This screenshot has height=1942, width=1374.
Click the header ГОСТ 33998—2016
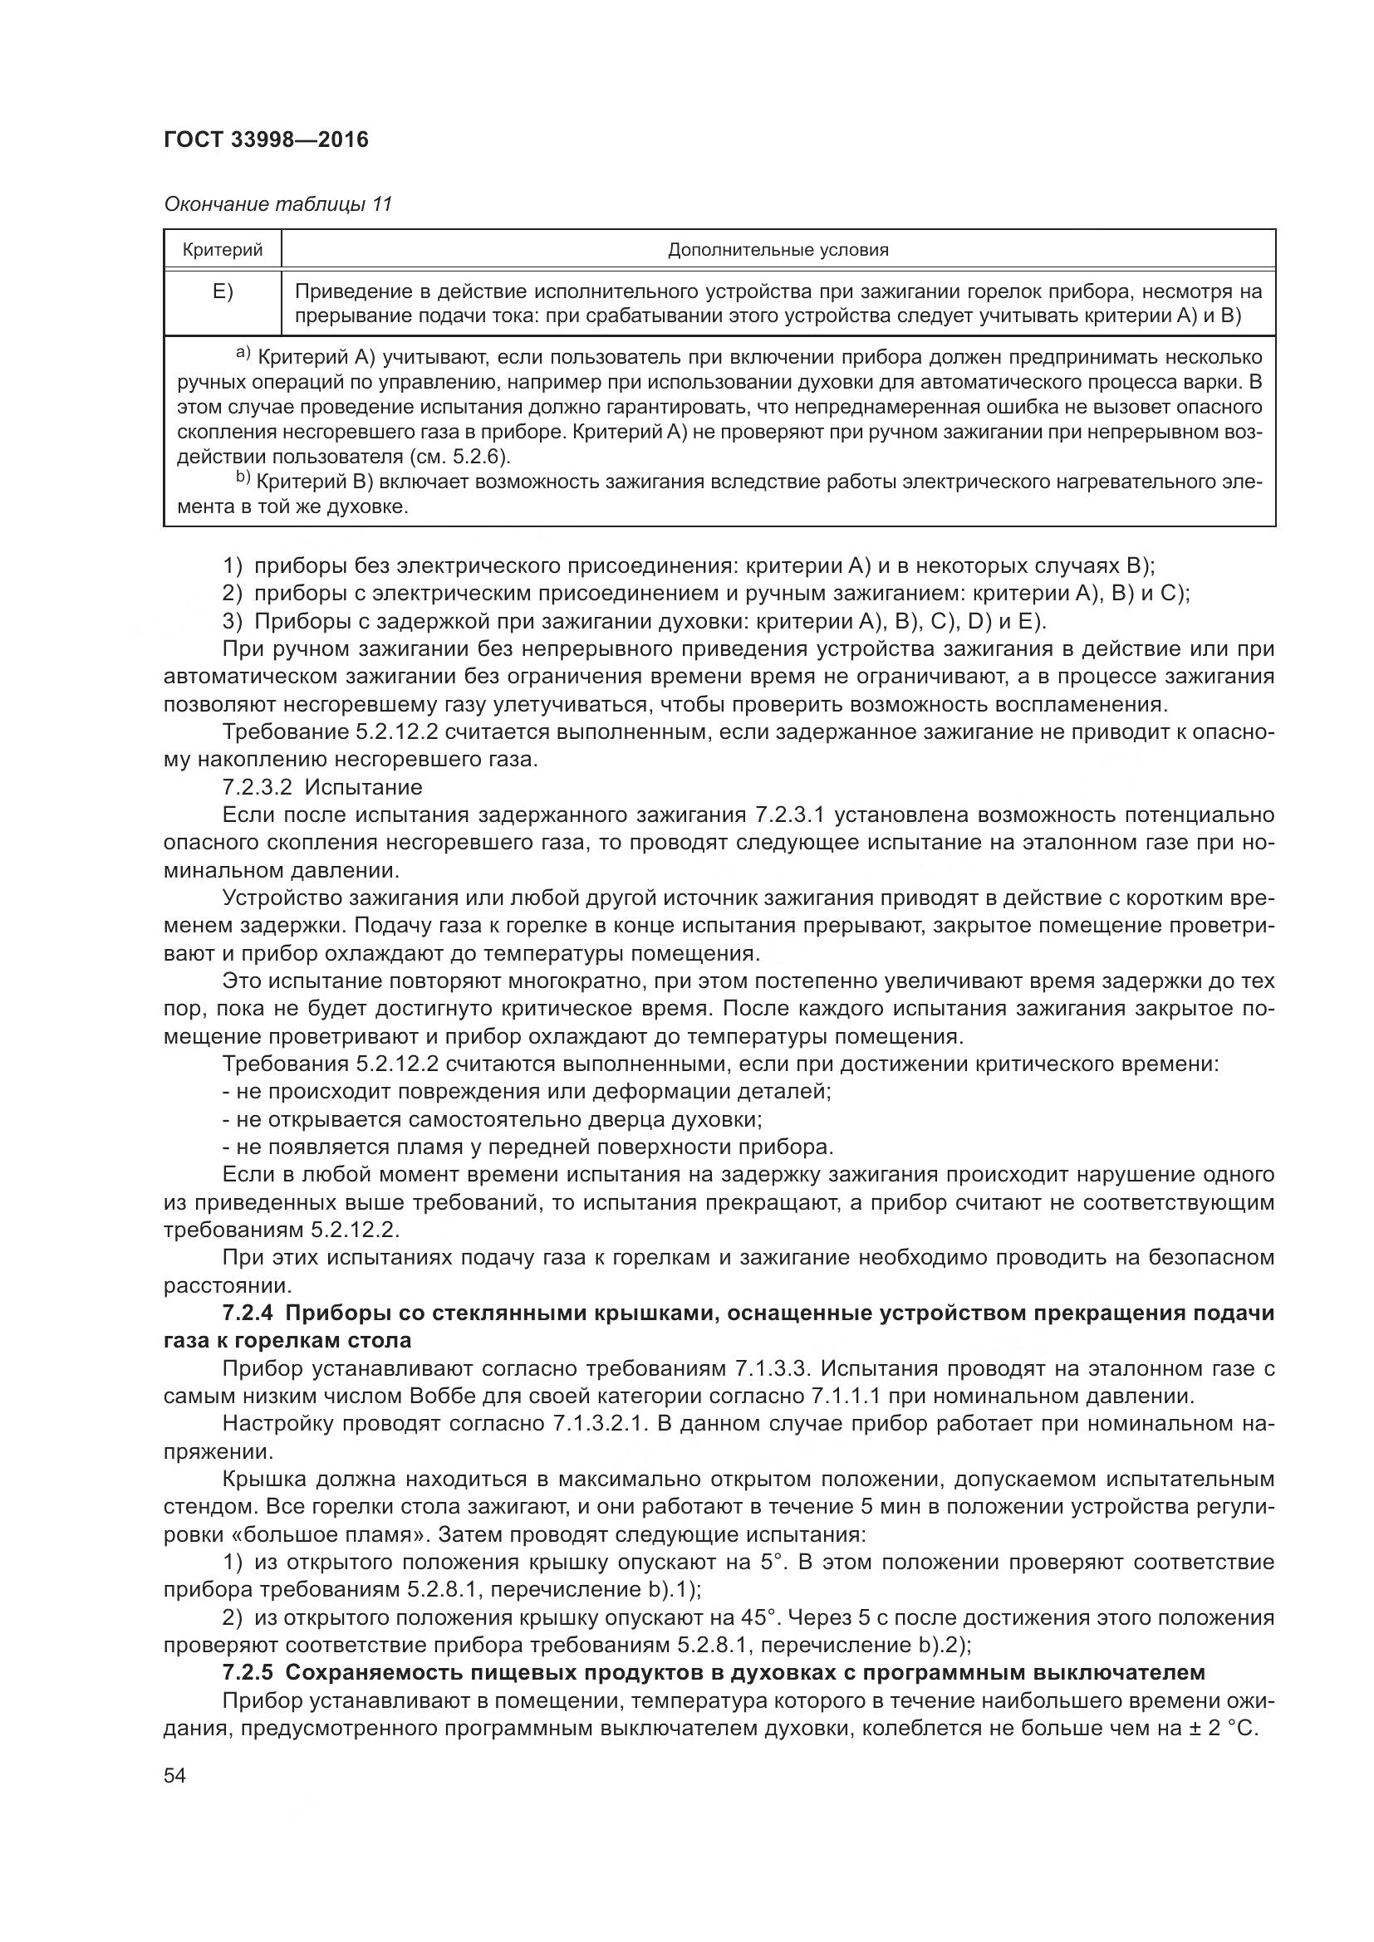coord(266,140)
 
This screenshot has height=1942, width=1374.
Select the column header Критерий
coord(223,250)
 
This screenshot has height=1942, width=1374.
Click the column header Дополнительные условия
coord(778,250)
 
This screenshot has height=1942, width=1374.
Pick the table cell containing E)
coord(223,291)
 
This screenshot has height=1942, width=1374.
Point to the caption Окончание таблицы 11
coord(277,204)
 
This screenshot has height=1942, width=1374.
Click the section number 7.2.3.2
coord(257,787)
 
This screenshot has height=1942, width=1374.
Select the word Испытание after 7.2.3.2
coord(363,787)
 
